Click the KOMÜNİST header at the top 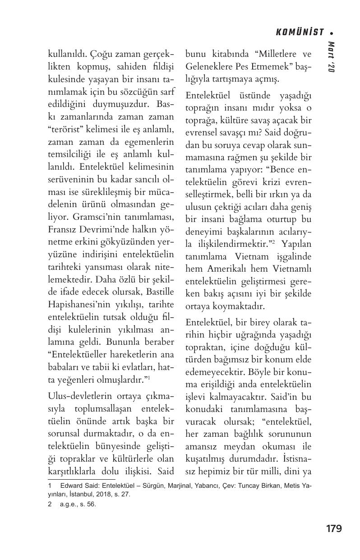300,32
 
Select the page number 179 334,528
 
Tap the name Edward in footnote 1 72,486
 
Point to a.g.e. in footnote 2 68,504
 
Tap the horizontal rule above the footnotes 81,479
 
